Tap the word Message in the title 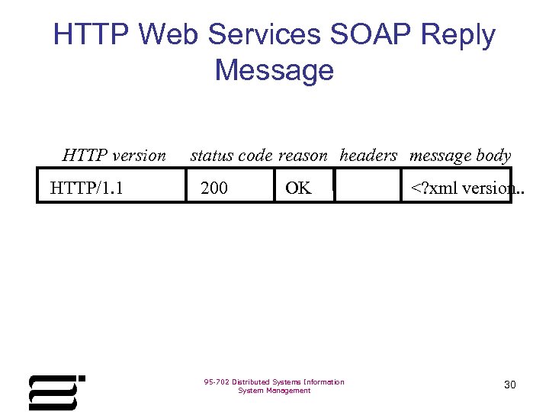tap(274, 69)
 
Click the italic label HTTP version tap(114, 156)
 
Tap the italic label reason tap(303, 156)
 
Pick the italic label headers tap(368, 156)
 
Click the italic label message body tap(460, 156)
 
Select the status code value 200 tap(214, 188)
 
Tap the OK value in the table tap(298, 188)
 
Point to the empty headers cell tap(368, 188)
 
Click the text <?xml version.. tap(462, 188)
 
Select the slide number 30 tap(510, 385)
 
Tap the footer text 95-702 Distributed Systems tap(274, 381)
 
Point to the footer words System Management tap(274, 391)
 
